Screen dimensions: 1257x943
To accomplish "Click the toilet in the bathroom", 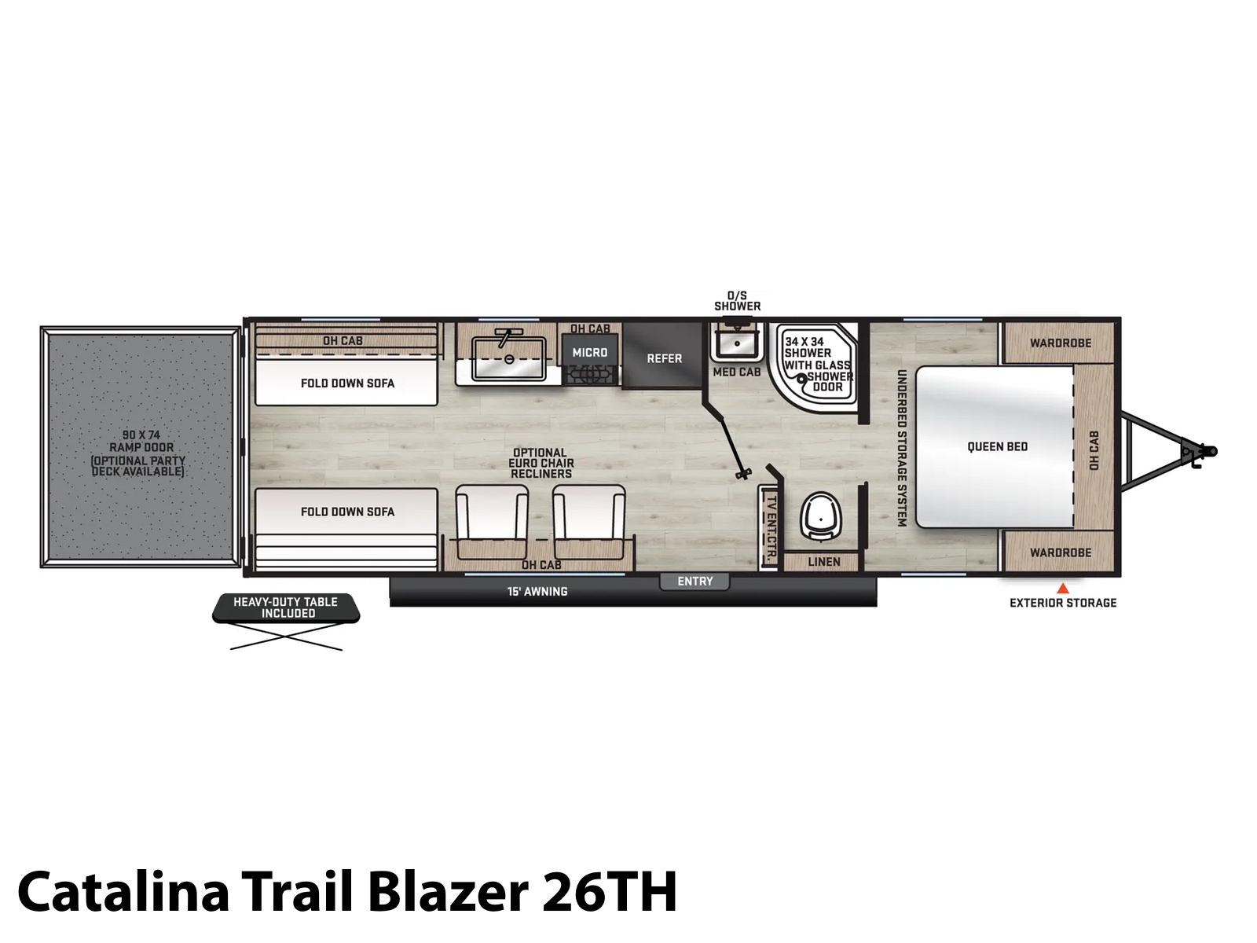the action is [x=820, y=516].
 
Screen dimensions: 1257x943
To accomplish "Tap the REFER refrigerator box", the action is [x=663, y=355].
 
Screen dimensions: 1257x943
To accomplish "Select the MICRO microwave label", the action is [x=590, y=353].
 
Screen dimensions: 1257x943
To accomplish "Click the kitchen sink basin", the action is [x=508, y=358].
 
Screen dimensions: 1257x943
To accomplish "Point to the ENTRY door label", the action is [x=694, y=582].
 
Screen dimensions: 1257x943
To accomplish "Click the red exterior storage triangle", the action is [x=1063, y=588].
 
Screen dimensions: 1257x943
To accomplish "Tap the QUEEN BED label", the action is [x=998, y=446].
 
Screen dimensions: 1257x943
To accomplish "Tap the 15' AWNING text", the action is [x=537, y=592].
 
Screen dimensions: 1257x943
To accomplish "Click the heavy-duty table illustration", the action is [x=286, y=622].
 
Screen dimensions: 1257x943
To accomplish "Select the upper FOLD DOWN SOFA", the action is [x=346, y=383].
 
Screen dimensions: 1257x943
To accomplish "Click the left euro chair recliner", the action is [x=492, y=521].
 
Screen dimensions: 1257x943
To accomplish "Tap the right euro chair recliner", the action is [x=588, y=521].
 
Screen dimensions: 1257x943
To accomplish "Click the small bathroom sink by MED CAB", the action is [x=737, y=343].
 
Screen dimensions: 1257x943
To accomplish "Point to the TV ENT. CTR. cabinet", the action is [x=768, y=527].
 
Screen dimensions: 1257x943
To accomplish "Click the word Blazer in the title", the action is [x=448, y=891].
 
